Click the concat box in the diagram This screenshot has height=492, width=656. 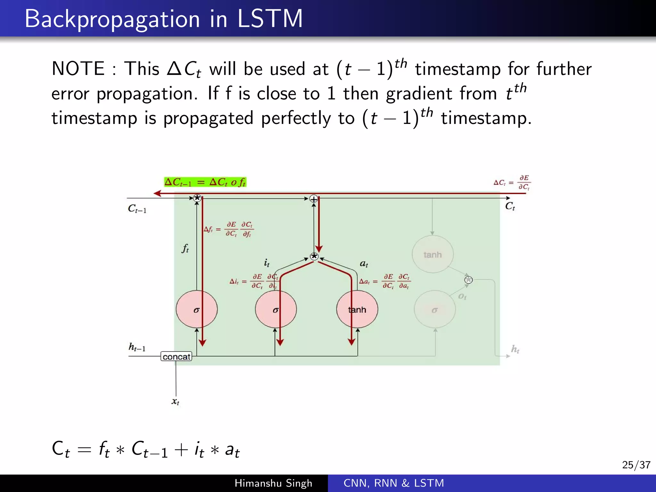pos(176,357)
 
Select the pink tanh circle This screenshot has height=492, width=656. pos(357,309)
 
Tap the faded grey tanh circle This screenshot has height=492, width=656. pos(432,254)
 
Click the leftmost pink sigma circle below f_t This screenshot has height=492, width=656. pos(197,309)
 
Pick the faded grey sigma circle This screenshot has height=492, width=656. pos(435,309)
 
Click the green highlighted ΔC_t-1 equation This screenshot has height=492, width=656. pos(205,182)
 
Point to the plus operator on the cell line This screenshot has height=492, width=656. pos(314,199)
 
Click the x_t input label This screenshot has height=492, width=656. pos(175,401)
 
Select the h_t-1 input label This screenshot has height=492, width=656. pos(137,347)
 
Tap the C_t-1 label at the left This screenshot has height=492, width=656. pos(137,209)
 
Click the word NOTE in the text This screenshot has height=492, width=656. pos(78,69)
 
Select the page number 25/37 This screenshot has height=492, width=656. pos(636,465)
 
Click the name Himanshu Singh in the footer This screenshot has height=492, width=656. pos(273,483)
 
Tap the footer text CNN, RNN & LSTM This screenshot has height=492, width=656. pos(394,483)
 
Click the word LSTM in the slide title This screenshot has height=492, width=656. pos(270,19)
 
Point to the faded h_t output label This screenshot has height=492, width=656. pos(515,349)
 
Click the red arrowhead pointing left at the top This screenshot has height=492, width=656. pos(157,193)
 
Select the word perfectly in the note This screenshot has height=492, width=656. pos(296,119)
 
